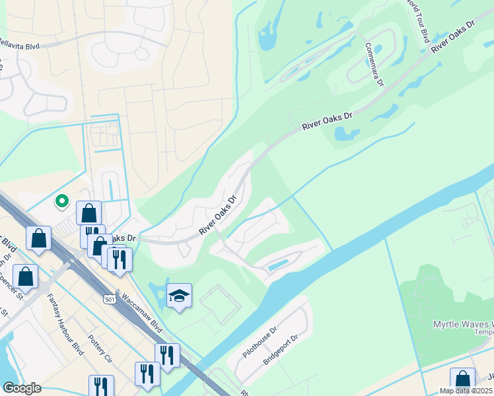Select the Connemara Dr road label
tap(373, 65)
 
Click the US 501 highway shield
tap(111, 299)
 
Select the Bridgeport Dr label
tap(281, 352)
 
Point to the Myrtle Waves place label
tap(462, 324)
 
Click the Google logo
tap(22, 388)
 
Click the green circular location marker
tap(62, 201)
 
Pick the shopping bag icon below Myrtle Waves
tap(462, 379)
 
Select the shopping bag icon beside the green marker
tap(88, 213)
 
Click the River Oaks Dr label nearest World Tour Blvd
tap(454, 36)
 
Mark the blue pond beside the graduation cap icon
tap(157, 290)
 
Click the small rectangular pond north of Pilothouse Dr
tap(277, 265)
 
